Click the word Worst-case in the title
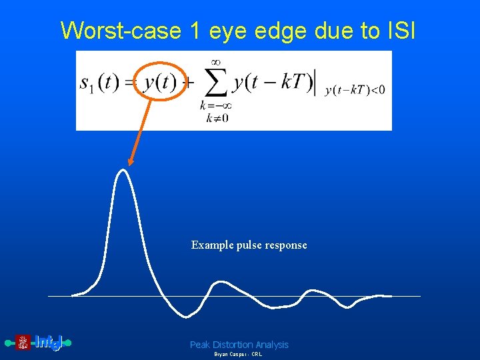pyautogui.click(x=120, y=31)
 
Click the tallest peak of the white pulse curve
pyautogui.click(x=121, y=171)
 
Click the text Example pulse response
pyautogui.click(x=249, y=245)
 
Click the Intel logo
pyautogui.click(x=48, y=343)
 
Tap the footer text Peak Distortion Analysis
pyautogui.click(x=239, y=345)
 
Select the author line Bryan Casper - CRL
pyautogui.click(x=238, y=355)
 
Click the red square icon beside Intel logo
pyautogui.click(x=23, y=343)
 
